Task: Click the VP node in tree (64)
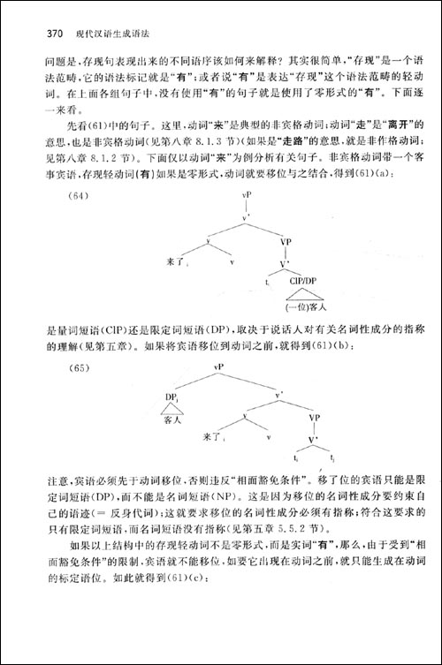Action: coord(286,239)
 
